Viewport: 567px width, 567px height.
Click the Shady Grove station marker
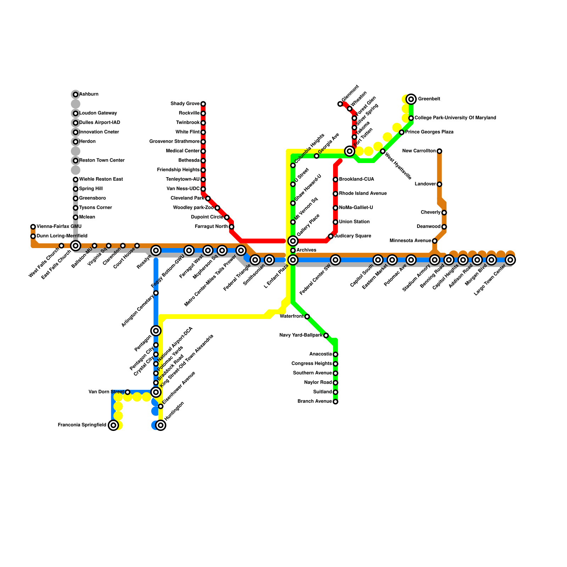(x=203, y=104)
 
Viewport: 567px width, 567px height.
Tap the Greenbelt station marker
(x=411, y=99)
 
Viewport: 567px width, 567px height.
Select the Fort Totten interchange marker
(x=350, y=151)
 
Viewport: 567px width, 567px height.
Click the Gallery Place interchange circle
(x=293, y=241)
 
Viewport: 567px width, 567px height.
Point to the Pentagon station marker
(x=156, y=331)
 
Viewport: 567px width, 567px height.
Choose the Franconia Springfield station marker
(x=113, y=425)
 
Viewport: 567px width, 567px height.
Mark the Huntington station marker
(x=161, y=425)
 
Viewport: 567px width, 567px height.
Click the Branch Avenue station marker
(x=335, y=402)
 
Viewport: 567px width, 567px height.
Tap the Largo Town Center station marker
(x=510, y=260)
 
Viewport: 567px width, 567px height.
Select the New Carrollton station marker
(x=439, y=151)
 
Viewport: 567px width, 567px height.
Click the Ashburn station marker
(x=75, y=95)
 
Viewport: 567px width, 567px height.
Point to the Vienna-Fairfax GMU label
(x=59, y=226)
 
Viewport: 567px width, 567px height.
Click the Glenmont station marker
(x=340, y=104)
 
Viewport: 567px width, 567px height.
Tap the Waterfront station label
(x=291, y=316)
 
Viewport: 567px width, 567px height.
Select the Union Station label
(x=354, y=222)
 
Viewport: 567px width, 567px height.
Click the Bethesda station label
(x=189, y=161)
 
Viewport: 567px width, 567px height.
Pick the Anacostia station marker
(x=335, y=354)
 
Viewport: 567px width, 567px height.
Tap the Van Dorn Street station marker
(x=128, y=392)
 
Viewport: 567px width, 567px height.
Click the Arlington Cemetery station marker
(x=156, y=293)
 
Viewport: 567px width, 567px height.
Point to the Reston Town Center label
(x=102, y=161)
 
